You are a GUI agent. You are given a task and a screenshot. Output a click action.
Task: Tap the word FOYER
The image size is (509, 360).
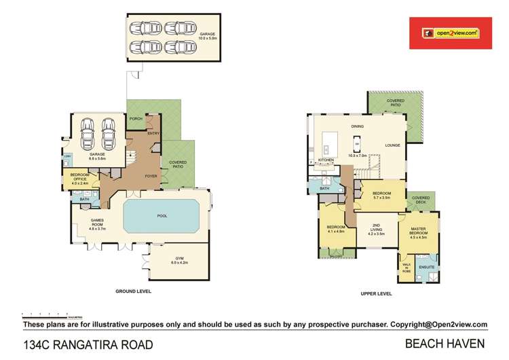coord(150,176)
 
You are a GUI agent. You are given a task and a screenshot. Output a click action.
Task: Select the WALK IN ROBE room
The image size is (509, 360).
coord(407,266)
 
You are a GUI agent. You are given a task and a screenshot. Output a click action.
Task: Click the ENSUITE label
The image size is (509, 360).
coord(427,268)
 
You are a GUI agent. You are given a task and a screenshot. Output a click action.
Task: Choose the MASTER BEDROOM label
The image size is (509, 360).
coord(418,234)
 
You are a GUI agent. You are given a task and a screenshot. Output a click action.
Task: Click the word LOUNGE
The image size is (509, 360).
coord(393,145)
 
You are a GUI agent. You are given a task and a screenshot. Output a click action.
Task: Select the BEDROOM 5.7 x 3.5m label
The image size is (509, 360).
coord(382,195)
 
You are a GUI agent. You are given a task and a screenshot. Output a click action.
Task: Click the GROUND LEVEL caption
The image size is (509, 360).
coord(133,291)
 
